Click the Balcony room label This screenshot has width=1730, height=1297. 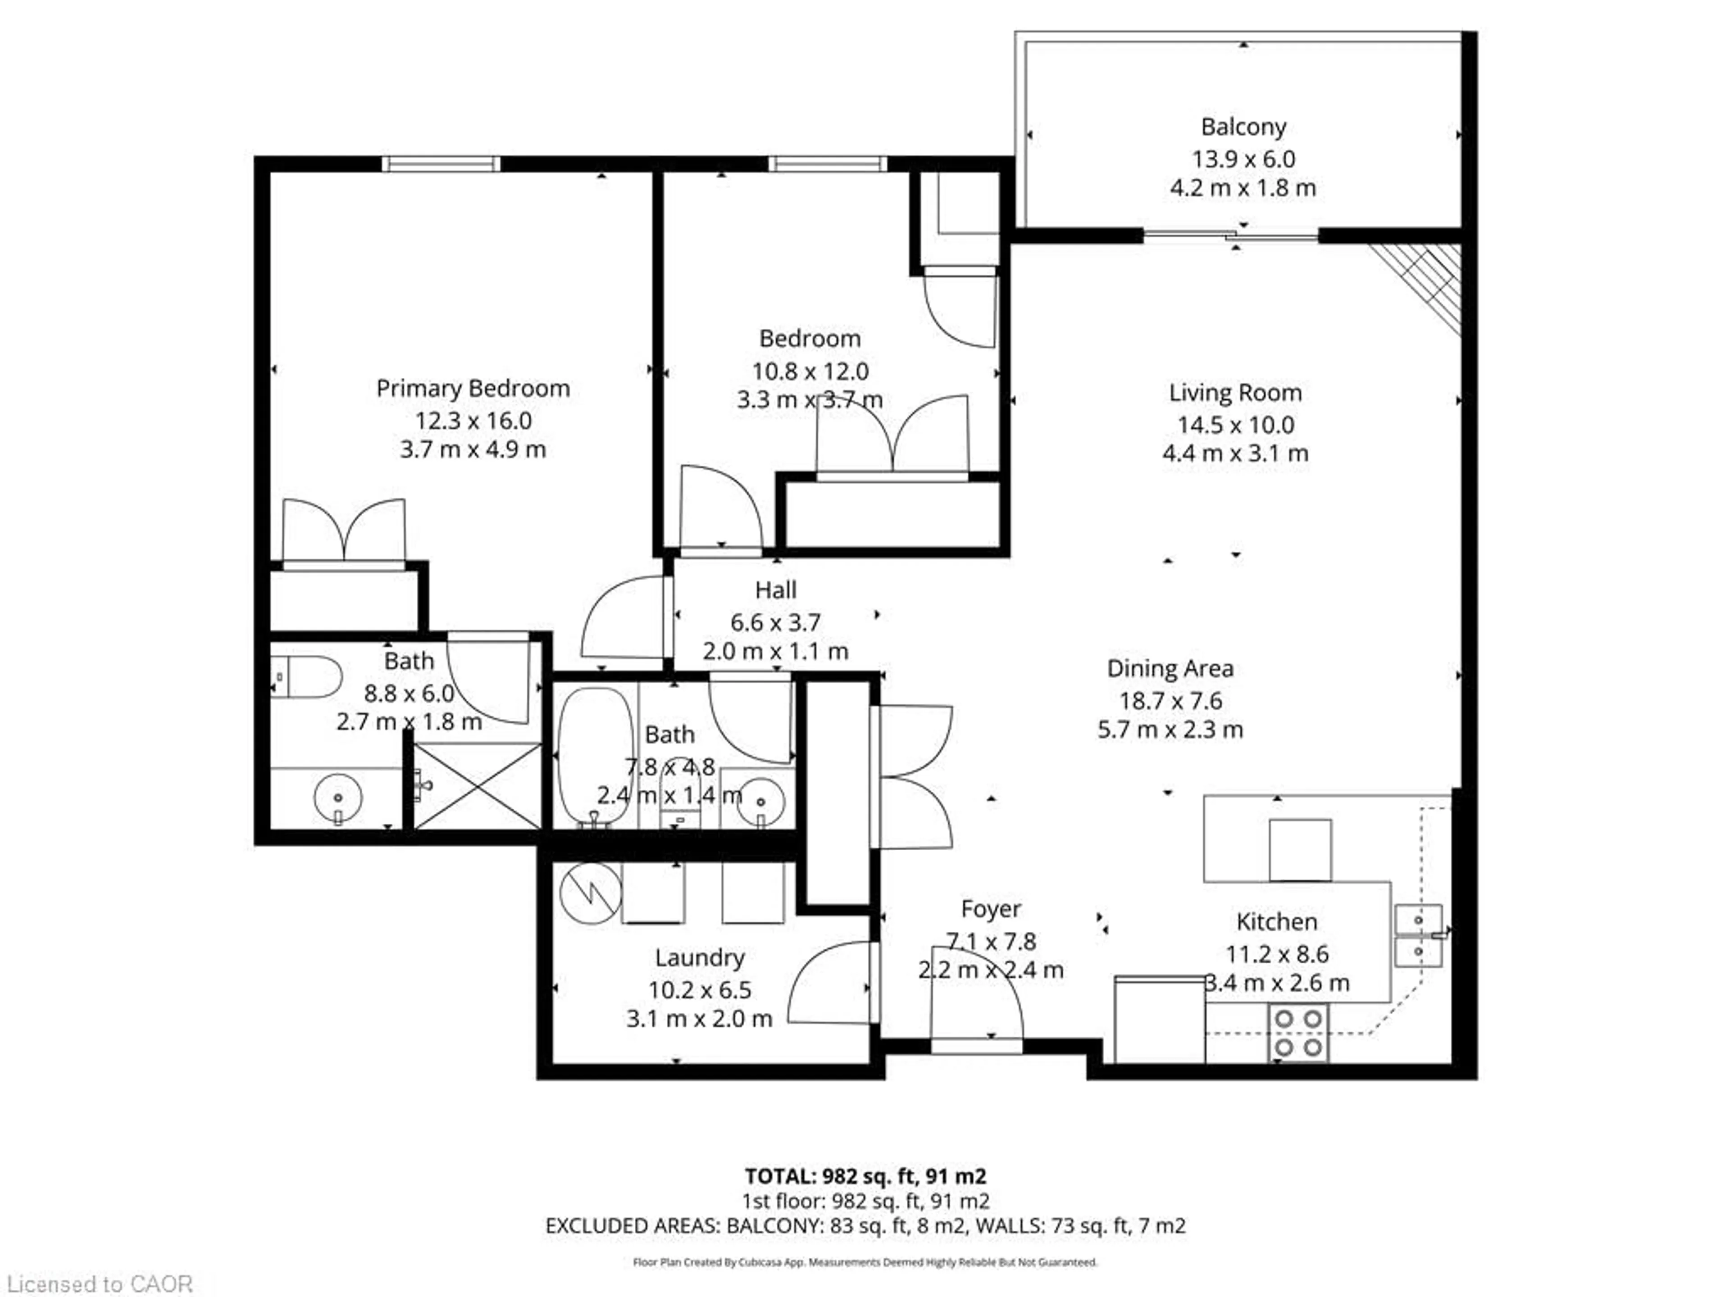pyautogui.click(x=1243, y=127)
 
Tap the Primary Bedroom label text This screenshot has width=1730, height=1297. pyautogui.click(x=473, y=389)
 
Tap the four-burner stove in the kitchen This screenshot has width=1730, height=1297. pyautogui.click(x=1297, y=1033)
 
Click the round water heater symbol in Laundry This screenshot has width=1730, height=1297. pyautogui.click(x=591, y=892)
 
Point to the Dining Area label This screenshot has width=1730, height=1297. pyautogui.click(x=1170, y=668)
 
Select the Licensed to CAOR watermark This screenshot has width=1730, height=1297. pyautogui.click(x=99, y=1283)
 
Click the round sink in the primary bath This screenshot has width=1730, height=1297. pyautogui.click(x=338, y=798)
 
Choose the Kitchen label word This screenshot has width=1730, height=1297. pyautogui.click(x=1276, y=922)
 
